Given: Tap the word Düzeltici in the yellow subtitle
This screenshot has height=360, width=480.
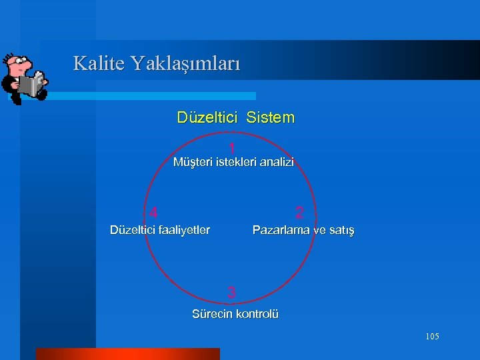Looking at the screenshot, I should coord(207,118).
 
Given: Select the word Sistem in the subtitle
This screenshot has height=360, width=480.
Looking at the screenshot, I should coord(270,118).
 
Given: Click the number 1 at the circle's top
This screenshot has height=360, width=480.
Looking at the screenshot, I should coord(231,148).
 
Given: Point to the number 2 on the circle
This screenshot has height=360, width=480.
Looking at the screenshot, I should coord(300,213).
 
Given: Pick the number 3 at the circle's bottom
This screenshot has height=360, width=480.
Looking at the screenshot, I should coord(231,292).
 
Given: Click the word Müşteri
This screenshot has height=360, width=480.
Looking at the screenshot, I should coord(193,162).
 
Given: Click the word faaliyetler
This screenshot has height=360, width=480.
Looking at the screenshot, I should coord(183,230).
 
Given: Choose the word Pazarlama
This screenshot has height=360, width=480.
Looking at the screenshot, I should coord(281,230).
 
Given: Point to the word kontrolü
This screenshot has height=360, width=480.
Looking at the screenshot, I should coord(257,314).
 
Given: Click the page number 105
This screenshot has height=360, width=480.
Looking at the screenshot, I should coord(432,337).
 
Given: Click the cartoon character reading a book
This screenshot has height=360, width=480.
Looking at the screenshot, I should coord(24,77).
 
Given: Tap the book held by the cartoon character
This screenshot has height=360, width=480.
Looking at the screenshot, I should coord(31,85).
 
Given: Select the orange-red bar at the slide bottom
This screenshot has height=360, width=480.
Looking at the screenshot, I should coord(127,353).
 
